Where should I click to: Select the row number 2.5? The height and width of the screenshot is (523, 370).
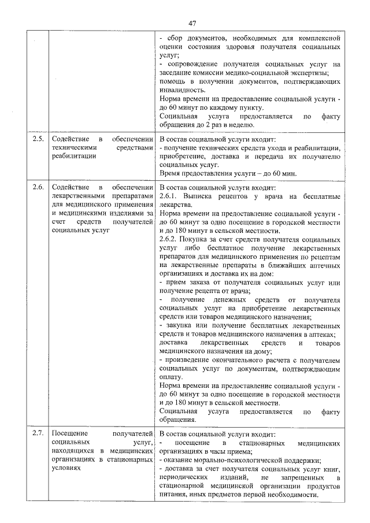pos(38,139)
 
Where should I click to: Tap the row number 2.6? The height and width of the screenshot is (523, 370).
pos(38,188)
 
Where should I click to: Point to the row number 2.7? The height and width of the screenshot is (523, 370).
pos(38,433)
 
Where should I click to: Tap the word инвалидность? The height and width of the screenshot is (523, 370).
pos(182,90)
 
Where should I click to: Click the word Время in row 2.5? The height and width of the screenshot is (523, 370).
pos(170,173)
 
